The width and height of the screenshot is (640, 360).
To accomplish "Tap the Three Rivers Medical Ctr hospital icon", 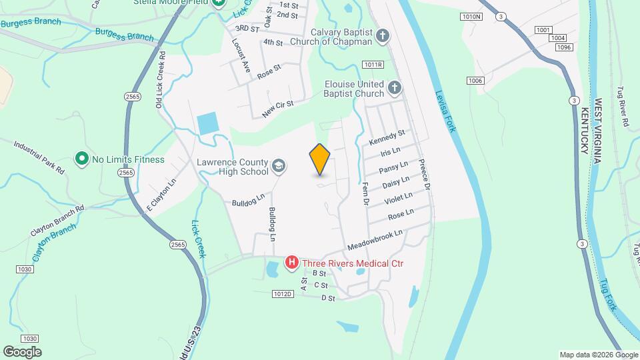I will click(291, 263).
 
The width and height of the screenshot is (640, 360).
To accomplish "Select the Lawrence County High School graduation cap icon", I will click(278, 166).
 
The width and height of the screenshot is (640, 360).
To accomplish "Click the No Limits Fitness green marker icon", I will click(81, 159).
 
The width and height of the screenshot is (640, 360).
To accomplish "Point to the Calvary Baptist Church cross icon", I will click(382, 36).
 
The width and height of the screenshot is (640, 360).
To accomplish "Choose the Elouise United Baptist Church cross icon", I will click(395, 88).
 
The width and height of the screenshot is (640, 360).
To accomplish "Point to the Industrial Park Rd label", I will click(40, 157).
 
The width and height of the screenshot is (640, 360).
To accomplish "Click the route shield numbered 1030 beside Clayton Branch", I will click(25, 269).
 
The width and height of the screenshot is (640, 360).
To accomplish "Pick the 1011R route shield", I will click(373, 64).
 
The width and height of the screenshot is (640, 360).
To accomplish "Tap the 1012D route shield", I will click(283, 293).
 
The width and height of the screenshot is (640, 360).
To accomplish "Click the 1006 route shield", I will click(475, 81).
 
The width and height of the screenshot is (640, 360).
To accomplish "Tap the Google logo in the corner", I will click(21, 352).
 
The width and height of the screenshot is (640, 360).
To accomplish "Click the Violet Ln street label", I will click(399, 198).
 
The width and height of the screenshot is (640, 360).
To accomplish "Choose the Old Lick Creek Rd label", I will click(160, 79).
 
